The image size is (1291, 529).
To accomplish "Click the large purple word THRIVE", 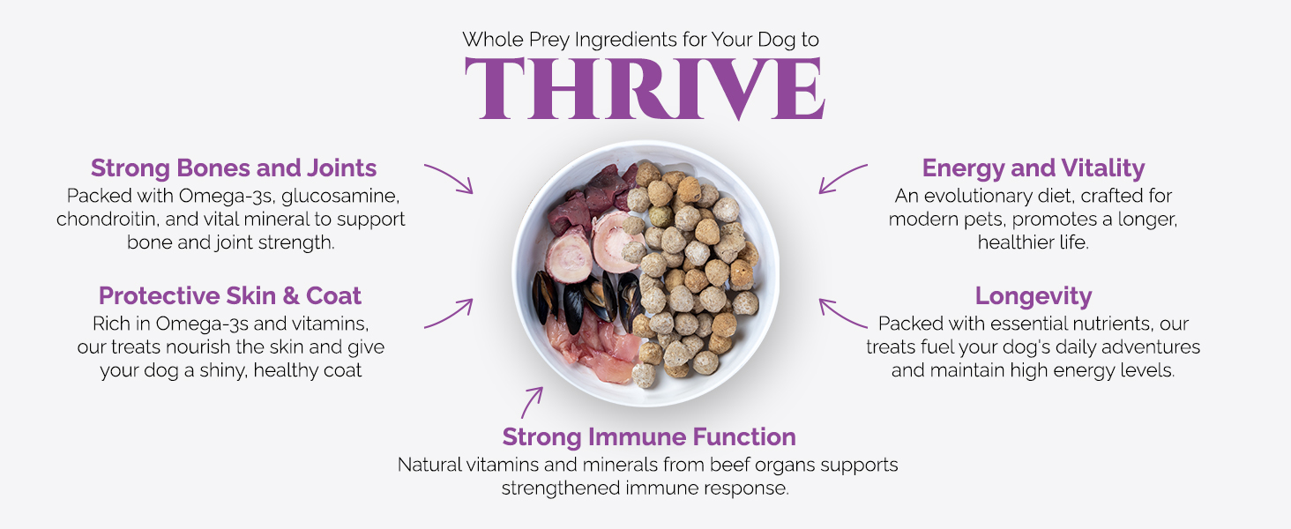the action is click(645, 88).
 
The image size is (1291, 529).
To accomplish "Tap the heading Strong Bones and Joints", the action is click(234, 168).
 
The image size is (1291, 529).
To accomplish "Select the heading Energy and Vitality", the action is click(1034, 168).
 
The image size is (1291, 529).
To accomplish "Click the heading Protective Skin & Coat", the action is click(230, 295).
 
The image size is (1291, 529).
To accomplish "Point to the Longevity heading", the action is click(1034, 296).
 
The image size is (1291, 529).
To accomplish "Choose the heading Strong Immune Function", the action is click(649, 436).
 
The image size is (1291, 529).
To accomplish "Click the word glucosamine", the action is click(340, 197).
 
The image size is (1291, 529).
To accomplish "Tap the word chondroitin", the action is click(108, 219).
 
